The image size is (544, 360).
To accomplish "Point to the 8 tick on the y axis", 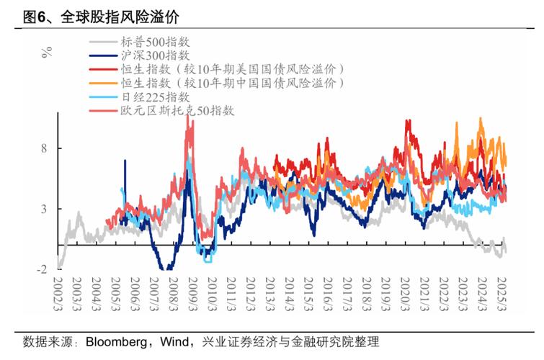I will [43, 148].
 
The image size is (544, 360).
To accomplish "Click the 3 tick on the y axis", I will [43, 209].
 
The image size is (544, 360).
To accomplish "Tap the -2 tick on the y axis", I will [42, 269].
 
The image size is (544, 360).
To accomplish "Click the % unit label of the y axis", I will [47, 51].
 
